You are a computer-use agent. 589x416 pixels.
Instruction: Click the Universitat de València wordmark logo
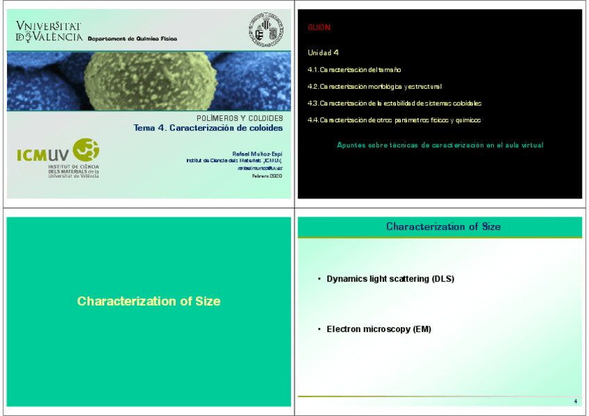[49, 31]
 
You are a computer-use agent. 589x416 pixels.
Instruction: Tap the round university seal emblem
[266, 29]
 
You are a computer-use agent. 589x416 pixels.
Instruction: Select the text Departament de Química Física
[132, 39]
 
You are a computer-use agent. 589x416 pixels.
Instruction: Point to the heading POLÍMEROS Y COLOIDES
[240, 119]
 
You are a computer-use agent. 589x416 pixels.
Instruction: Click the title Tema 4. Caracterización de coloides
[208, 128]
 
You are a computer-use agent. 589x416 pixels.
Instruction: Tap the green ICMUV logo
[58, 156]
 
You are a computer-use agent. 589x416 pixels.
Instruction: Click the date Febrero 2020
[267, 176]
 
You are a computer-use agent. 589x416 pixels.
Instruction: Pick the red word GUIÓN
[319, 28]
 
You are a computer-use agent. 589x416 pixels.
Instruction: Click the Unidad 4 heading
[323, 53]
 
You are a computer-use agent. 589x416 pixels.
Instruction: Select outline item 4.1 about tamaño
[354, 70]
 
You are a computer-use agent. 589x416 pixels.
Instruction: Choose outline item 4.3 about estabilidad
[394, 103]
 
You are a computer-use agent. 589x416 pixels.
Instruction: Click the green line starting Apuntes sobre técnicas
[440, 145]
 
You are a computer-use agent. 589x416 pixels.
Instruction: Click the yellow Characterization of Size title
[149, 301]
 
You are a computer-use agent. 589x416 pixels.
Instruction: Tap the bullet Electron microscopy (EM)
[379, 329]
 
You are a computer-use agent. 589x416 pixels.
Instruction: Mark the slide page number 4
[576, 402]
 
